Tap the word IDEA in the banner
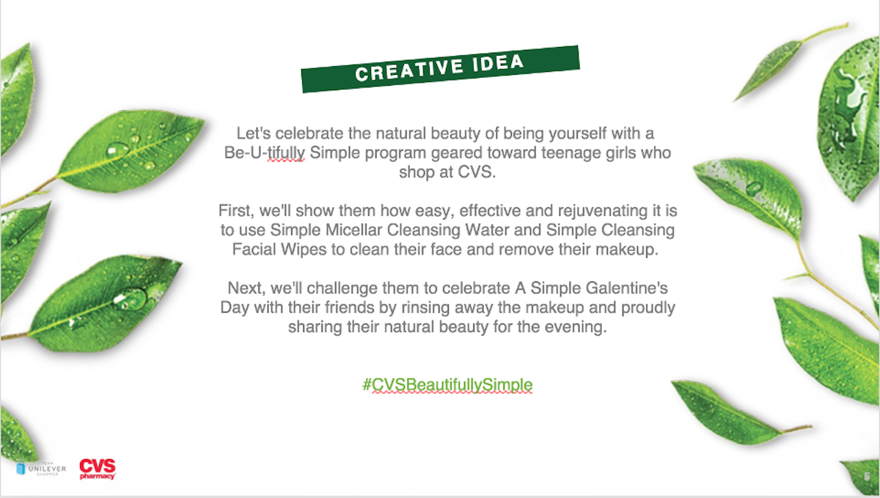pos(498,63)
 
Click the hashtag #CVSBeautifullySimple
pos(447,385)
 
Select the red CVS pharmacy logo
pos(98,469)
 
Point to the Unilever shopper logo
pos(41,469)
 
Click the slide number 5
pos(867,477)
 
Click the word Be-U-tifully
pos(265,153)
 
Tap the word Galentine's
pos(626,288)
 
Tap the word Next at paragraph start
pos(246,288)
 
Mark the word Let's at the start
pos(254,133)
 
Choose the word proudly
pos(648,308)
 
